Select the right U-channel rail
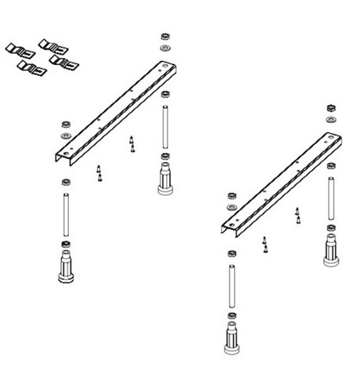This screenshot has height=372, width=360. point(283,183)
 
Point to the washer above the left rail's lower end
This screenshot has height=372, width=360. point(65,135)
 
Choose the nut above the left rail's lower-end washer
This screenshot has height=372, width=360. point(65,123)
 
